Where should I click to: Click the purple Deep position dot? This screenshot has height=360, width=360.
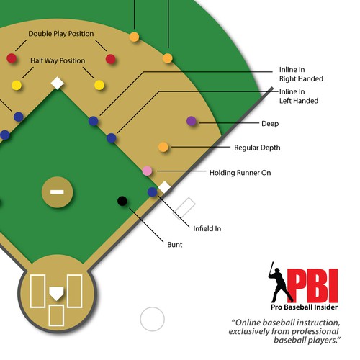click(x=192, y=121)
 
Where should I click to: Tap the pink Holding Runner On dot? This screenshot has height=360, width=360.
click(x=147, y=171)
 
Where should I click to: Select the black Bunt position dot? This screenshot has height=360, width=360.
click(x=122, y=201)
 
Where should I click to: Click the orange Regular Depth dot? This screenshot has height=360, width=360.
click(x=163, y=147)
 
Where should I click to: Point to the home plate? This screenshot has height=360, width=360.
click(x=56, y=293)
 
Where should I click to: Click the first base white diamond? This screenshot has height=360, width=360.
click(x=164, y=187)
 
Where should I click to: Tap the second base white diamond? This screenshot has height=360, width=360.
click(x=58, y=83)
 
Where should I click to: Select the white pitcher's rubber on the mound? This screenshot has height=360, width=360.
click(x=57, y=192)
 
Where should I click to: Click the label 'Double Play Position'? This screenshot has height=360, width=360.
click(x=61, y=34)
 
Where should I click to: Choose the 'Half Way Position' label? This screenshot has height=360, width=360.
click(x=58, y=60)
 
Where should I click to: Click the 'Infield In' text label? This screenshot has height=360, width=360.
click(x=207, y=228)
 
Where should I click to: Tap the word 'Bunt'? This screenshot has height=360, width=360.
click(x=175, y=245)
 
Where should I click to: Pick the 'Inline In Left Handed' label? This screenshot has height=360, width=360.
click(x=299, y=96)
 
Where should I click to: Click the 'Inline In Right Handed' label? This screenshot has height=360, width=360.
click(x=301, y=74)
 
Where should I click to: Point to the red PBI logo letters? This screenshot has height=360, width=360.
click(x=312, y=286)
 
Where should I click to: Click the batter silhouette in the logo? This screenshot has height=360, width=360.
click(x=279, y=283)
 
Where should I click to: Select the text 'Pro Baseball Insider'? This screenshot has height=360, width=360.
click(x=304, y=307)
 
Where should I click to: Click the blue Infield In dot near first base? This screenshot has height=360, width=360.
click(x=152, y=192)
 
